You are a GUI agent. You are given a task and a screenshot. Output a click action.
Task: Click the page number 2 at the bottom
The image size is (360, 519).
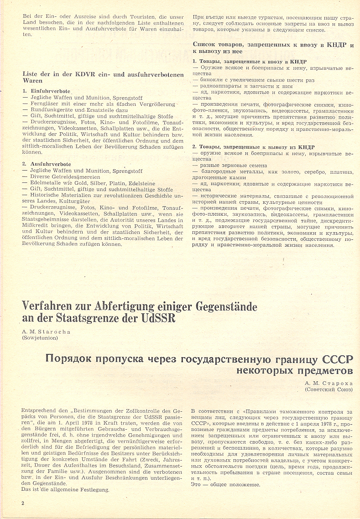point(22,503)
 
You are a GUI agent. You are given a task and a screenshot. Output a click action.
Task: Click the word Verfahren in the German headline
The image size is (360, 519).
point(49,306)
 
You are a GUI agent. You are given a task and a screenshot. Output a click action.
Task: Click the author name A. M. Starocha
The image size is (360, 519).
point(46,332)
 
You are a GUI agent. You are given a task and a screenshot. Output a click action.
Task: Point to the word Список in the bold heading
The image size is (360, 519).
point(206,45)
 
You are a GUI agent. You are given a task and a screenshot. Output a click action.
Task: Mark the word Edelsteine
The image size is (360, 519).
point(140,183)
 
